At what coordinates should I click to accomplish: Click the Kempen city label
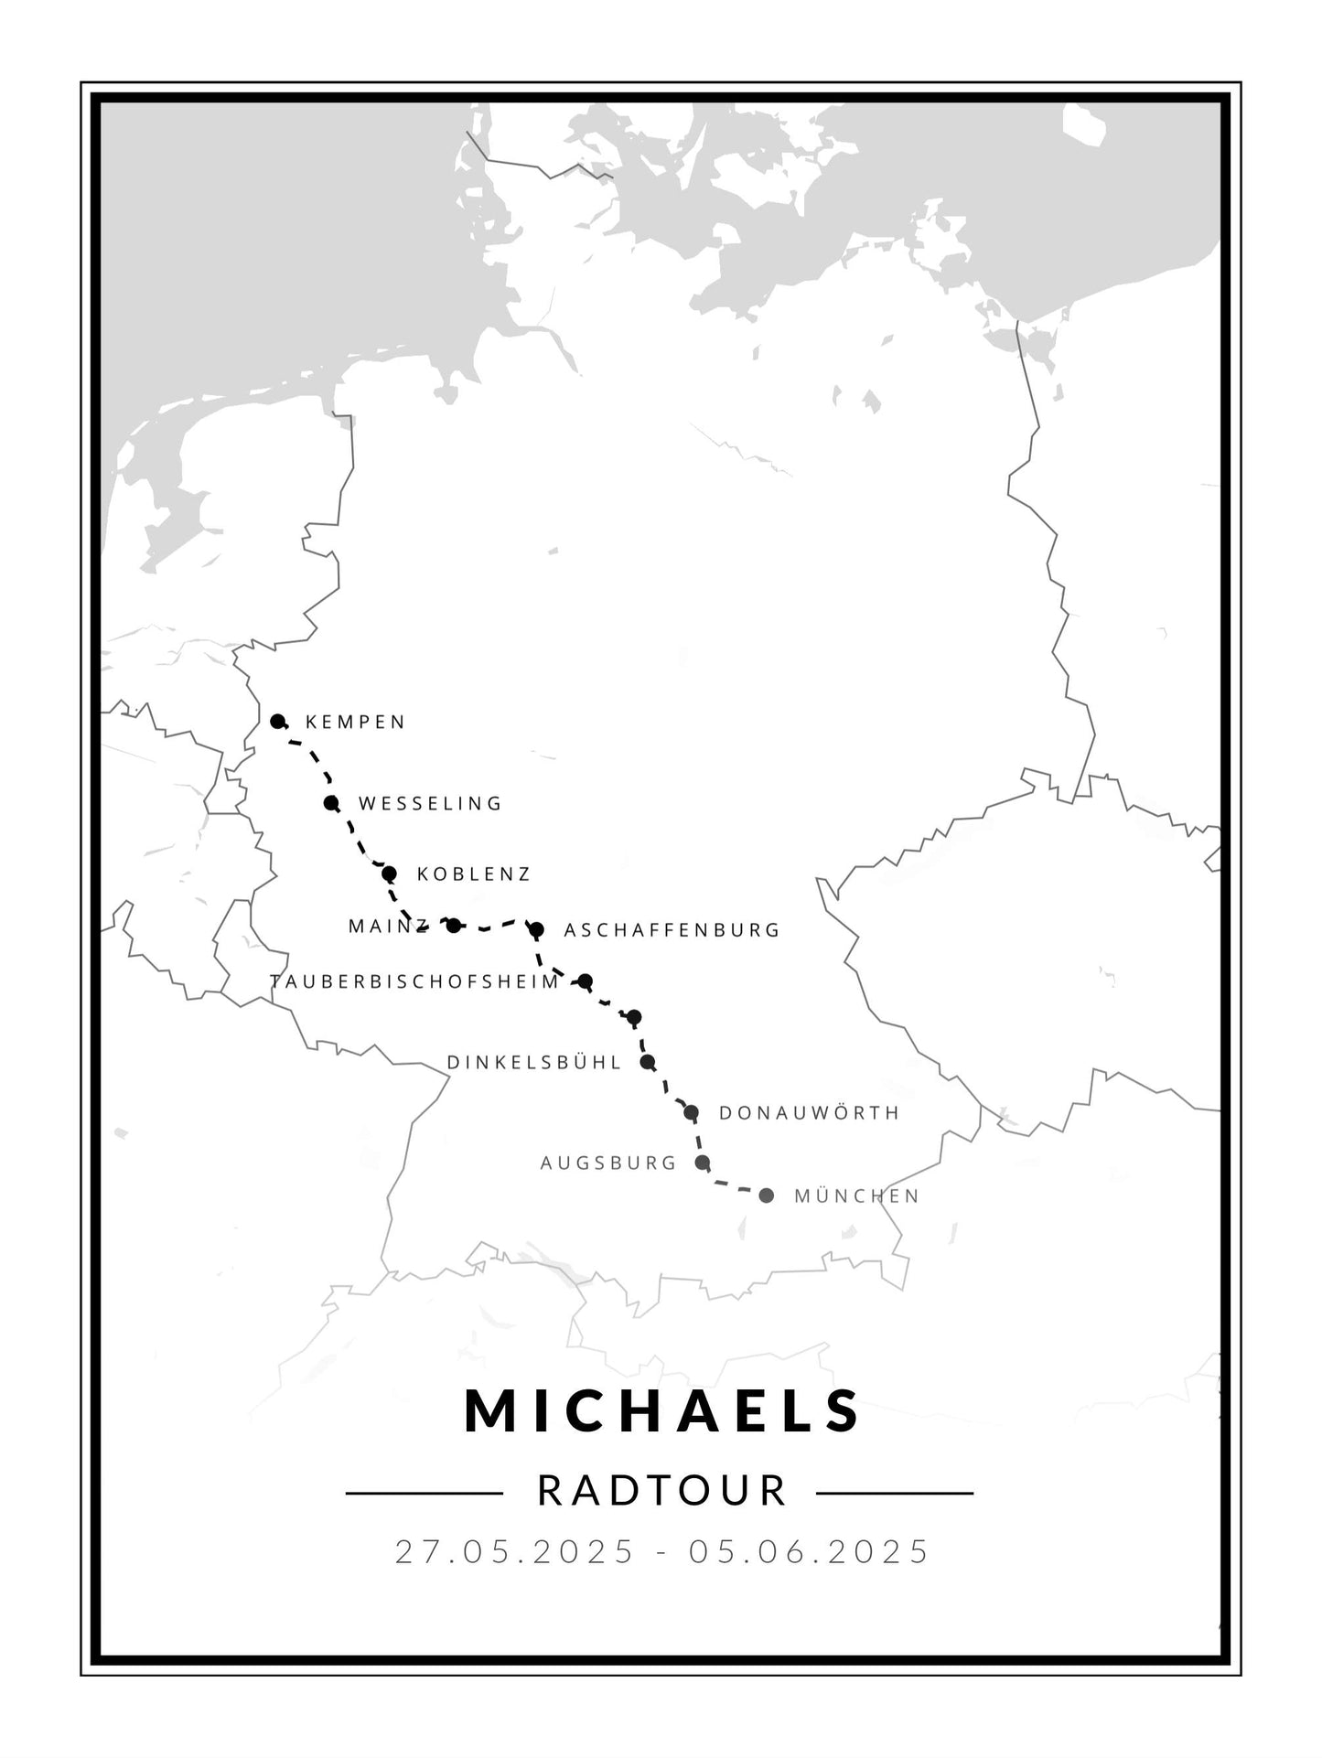(x=355, y=723)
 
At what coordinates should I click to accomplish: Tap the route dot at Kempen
(x=278, y=721)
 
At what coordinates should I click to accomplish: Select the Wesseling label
(x=430, y=804)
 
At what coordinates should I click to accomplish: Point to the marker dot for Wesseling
(x=331, y=803)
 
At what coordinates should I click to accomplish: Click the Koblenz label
(x=473, y=874)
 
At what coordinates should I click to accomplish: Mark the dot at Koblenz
(x=389, y=874)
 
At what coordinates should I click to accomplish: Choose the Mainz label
(x=387, y=927)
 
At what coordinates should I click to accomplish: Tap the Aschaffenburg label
(x=672, y=930)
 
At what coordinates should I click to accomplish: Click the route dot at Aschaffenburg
(x=537, y=929)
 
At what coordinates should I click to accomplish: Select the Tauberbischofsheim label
(x=414, y=982)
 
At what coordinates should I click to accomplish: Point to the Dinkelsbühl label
(x=534, y=1063)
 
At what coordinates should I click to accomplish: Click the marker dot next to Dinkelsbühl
(x=648, y=1062)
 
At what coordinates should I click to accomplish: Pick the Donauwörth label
(x=809, y=1113)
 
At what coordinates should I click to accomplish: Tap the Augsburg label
(x=608, y=1163)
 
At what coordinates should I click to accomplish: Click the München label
(x=856, y=1196)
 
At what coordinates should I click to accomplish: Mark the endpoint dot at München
(x=767, y=1195)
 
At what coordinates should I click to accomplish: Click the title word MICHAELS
(x=662, y=1410)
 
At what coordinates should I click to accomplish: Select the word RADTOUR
(x=662, y=1491)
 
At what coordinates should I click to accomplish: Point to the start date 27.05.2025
(x=514, y=1552)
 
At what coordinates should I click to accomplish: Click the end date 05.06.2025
(x=810, y=1552)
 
